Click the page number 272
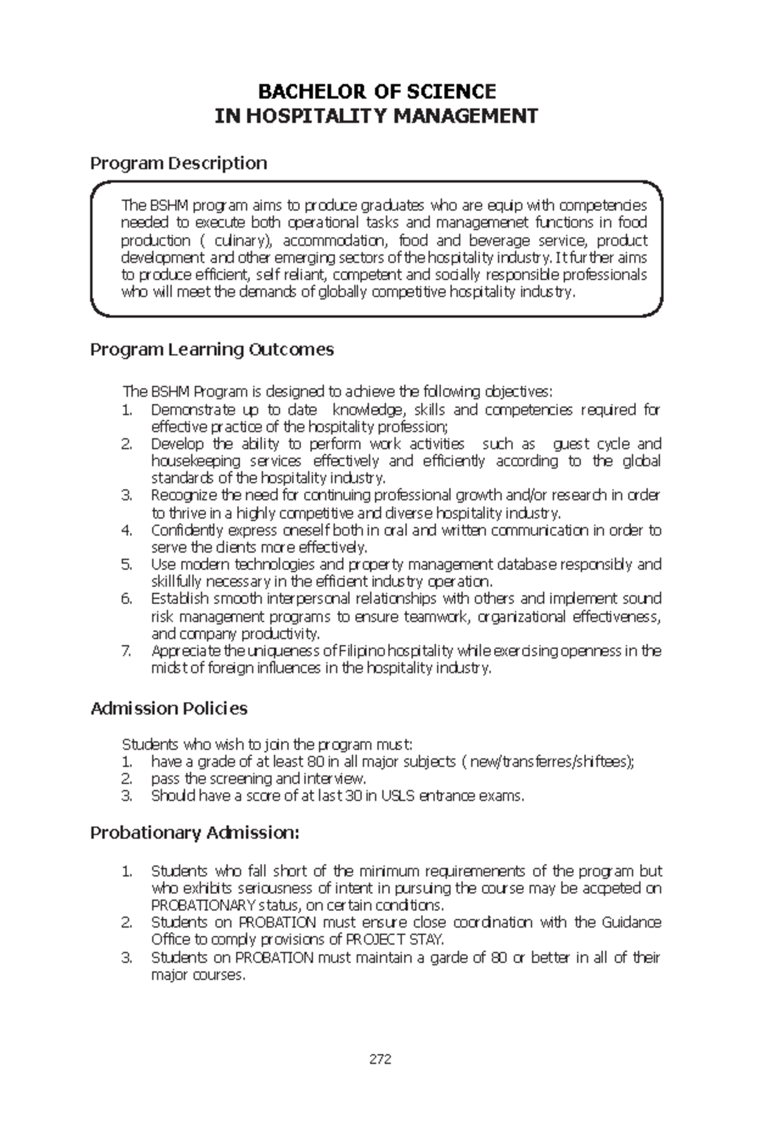(x=380, y=1059)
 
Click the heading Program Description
(x=178, y=164)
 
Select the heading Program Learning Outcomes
(x=212, y=349)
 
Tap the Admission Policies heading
(x=169, y=708)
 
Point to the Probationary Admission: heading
(x=194, y=832)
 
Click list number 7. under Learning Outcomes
(x=126, y=651)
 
